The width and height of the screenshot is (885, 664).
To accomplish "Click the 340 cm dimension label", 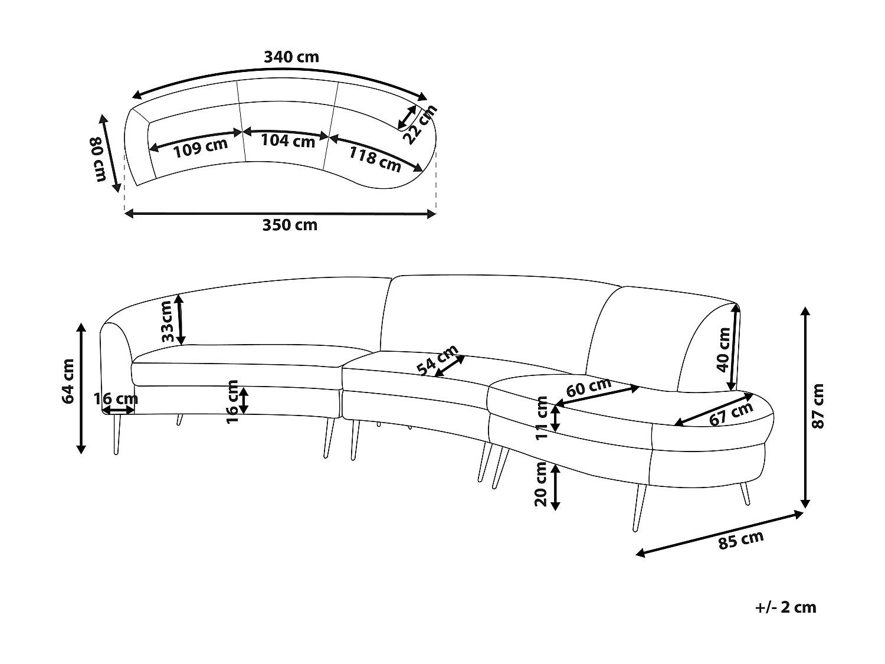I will (x=291, y=57).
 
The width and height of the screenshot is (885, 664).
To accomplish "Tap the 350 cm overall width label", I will (x=290, y=225).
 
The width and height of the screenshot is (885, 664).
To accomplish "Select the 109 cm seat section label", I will (x=201, y=148).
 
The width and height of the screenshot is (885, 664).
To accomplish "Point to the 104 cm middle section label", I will (x=288, y=141).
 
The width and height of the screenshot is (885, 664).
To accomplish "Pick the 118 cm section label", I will (x=375, y=159).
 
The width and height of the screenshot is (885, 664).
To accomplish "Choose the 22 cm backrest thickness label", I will (x=420, y=125).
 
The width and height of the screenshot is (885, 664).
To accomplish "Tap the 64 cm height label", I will (x=68, y=381).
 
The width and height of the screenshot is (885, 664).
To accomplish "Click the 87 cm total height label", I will (x=818, y=405).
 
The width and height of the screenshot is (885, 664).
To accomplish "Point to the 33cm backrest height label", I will (x=166, y=321).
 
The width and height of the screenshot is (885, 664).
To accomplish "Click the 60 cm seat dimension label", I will (x=588, y=387).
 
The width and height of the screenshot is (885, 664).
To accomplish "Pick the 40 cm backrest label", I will (x=724, y=349).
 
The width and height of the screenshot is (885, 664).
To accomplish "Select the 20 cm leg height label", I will (x=540, y=484).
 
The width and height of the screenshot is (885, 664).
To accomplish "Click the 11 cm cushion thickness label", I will (x=542, y=418).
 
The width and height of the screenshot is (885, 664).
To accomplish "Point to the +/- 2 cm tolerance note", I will (x=786, y=607).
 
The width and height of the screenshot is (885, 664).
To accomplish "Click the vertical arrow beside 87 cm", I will (x=805, y=407).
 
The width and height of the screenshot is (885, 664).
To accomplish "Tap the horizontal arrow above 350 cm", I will (x=280, y=214).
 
